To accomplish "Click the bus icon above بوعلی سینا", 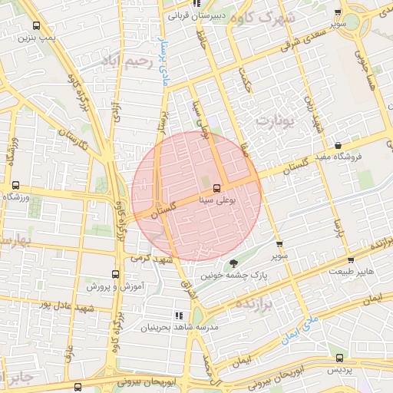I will [x=217, y=187].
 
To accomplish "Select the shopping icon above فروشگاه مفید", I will [x=339, y=145].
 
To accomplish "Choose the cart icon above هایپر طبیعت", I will [x=350, y=260].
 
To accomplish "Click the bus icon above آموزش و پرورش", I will [x=116, y=274].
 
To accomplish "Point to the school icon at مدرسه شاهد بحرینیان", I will [x=179, y=315].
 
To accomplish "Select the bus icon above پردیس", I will [x=340, y=358].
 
